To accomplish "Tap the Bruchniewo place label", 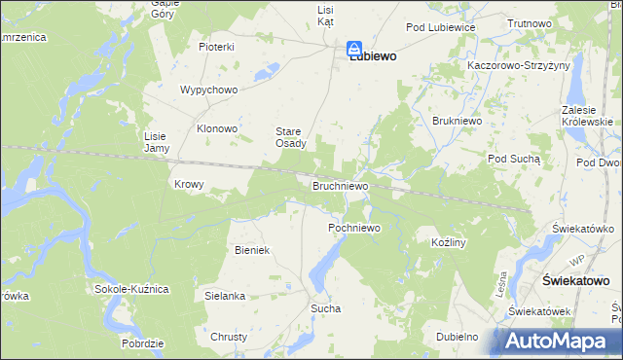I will point(340,185).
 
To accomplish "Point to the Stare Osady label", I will point(289,137).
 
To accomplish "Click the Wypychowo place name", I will point(209,90).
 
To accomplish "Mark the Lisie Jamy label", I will point(157,142).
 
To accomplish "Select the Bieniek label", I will point(251,250).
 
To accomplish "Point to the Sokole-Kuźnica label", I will point(131,290).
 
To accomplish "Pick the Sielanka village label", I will point(224,295).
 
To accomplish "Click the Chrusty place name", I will point(229,337).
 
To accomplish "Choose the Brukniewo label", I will point(453,121).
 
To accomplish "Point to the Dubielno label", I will point(457,337).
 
